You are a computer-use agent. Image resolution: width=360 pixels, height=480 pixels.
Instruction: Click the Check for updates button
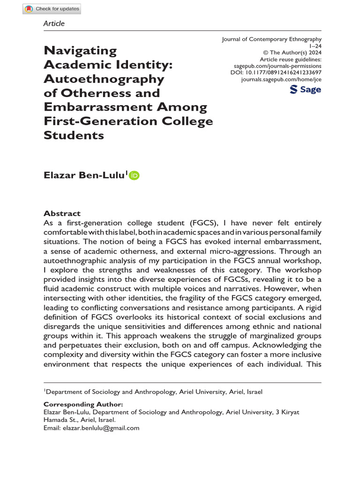[x=52, y=8]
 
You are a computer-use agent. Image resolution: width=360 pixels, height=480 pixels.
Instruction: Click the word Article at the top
[x=54, y=23]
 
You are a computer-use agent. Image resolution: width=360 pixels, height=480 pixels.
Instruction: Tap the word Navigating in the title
[x=80, y=51]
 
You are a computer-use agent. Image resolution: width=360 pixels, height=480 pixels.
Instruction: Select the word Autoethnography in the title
[x=104, y=79]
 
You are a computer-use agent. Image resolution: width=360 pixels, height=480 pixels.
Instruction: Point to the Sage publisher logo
[x=306, y=90]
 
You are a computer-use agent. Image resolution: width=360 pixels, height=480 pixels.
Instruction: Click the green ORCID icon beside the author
[x=134, y=175]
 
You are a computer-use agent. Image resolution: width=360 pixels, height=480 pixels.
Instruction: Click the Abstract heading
[x=62, y=213]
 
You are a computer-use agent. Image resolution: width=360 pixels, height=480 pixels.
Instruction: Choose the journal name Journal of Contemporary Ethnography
[x=271, y=40]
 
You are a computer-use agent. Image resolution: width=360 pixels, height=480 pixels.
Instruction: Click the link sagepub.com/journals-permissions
[x=277, y=67]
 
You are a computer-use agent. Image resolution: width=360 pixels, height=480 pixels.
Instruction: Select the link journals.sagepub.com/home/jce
[x=281, y=80]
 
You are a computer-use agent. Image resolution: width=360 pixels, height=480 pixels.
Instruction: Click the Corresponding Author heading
[x=83, y=405]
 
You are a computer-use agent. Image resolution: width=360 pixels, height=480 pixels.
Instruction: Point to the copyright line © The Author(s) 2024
[x=291, y=53]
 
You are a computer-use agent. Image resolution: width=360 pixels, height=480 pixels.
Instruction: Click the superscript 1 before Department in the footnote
[x=45, y=390]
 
